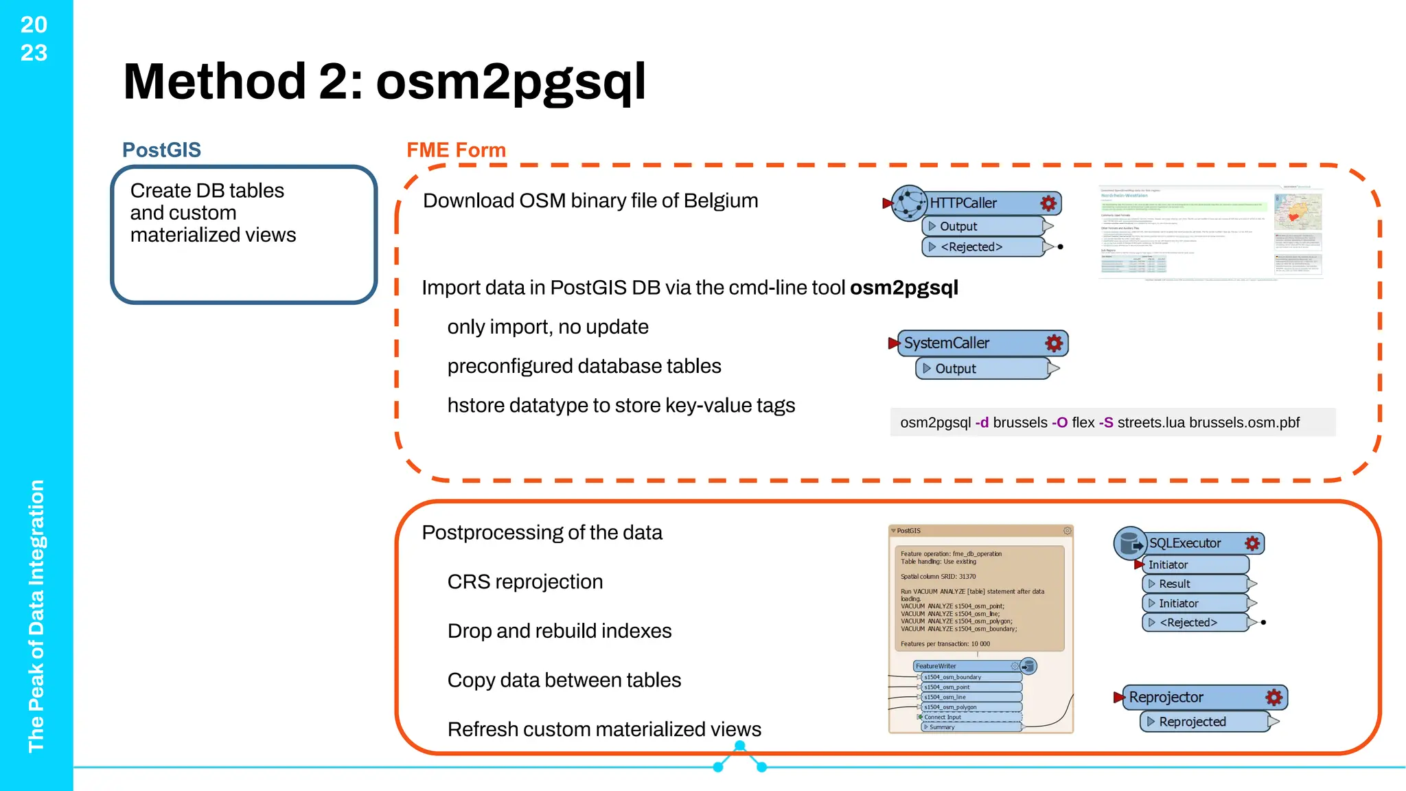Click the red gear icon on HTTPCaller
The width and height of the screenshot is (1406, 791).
tap(1048, 203)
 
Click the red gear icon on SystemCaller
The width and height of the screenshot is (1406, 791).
tap(1053, 343)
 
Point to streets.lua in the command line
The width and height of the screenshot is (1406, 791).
tap(1151, 422)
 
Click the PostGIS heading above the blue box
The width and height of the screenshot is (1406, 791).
tap(161, 150)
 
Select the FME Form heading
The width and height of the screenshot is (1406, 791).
tap(456, 150)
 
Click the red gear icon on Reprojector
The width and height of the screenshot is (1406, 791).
tap(1274, 697)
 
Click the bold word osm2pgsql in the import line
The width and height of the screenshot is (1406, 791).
tap(903, 287)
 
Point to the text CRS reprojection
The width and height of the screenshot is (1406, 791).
tap(525, 582)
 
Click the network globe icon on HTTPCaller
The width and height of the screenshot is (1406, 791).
tap(909, 203)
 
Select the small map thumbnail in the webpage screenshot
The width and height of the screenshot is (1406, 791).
tap(1298, 211)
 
